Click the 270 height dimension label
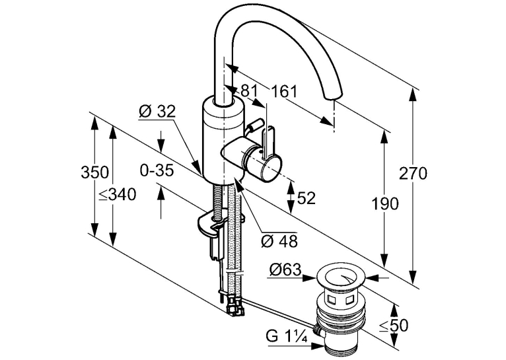coord(413,174)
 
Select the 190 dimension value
coord(385,204)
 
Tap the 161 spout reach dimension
coord(284,92)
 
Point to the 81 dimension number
coord(249,91)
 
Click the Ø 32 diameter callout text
coord(157,112)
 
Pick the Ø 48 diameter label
coord(279,240)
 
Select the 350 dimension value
coord(94,172)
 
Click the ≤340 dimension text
coord(118,195)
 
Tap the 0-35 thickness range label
coord(157,170)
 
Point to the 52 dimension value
coord(306,198)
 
